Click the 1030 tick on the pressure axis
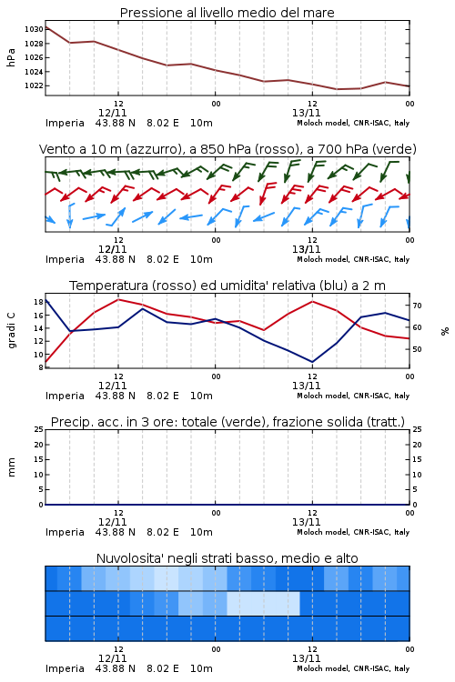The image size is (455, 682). (x=34, y=29)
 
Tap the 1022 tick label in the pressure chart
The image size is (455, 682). (x=34, y=85)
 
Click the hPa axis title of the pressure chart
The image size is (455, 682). (x=11, y=57)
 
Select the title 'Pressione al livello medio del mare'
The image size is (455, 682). (x=227, y=13)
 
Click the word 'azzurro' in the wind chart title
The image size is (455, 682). (x=153, y=149)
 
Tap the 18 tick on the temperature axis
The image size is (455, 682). (x=38, y=302)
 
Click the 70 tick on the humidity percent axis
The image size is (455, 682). (x=417, y=306)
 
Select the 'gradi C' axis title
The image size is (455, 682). (x=12, y=330)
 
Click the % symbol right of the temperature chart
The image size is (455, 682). (x=445, y=331)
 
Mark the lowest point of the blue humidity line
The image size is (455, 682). (x=312, y=362)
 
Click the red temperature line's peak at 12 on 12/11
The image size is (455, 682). (x=118, y=299)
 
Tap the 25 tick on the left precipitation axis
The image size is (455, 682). (x=38, y=429)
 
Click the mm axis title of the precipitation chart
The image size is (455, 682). (x=11, y=467)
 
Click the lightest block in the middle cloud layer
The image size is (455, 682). (x=263, y=603)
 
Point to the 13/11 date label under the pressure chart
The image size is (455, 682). (x=306, y=113)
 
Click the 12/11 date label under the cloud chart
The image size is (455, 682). (x=112, y=658)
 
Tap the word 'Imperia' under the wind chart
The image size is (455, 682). (x=65, y=259)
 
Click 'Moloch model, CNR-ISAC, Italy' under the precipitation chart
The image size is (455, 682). (x=353, y=532)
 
